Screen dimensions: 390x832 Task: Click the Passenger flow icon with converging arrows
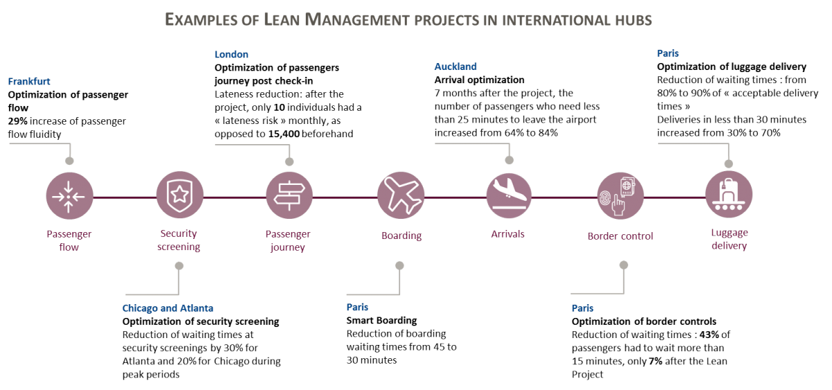pos(69,197)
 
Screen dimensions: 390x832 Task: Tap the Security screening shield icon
pos(180,197)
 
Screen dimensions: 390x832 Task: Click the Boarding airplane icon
pos(401,197)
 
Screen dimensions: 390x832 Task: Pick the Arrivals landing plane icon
pos(510,197)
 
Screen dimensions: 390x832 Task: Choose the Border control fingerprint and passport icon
pos(621,197)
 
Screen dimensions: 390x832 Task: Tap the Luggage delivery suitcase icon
pos(728,197)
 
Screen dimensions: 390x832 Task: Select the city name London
pos(232,53)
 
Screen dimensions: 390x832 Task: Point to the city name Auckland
pos(455,67)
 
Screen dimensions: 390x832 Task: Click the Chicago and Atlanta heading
pos(168,307)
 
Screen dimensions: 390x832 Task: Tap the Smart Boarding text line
pos(382,320)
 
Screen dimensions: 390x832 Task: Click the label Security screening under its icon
pos(180,240)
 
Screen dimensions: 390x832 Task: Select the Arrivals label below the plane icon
pos(510,234)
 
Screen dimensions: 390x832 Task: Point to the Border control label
pos(621,236)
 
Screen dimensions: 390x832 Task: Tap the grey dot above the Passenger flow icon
pos(69,160)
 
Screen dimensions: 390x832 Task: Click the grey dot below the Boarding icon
pos(399,265)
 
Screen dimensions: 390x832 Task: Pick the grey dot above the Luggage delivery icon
pos(728,163)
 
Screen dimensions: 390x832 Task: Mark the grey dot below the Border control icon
pos(622,265)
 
